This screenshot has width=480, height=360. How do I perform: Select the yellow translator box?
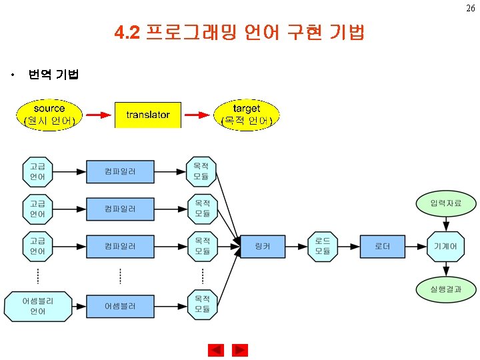(x=148, y=115)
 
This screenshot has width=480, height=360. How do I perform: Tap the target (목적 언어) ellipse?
(x=247, y=114)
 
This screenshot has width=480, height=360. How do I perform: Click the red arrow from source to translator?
(x=98, y=115)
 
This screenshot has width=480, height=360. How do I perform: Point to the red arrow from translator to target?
(x=197, y=115)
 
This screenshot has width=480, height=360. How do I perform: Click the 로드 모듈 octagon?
(x=323, y=247)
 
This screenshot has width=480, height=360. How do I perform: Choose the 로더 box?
(x=382, y=247)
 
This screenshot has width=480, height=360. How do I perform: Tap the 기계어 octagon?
(x=445, y=247)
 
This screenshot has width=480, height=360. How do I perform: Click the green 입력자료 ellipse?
(x=445, y=203)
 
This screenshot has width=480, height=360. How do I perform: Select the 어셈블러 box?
(x=120, y=306)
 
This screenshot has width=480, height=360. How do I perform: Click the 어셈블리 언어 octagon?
(x=38, y=306)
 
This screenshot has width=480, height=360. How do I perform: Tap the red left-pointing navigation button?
(x=216, y=350)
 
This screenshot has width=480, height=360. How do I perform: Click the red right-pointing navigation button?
(x=240, y=350)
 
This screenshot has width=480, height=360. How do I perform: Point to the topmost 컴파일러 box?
(x=120, y=171)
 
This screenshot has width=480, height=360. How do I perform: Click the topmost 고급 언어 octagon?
(x=38, y=171)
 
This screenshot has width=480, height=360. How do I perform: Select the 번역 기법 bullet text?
(x=53, y=75)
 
